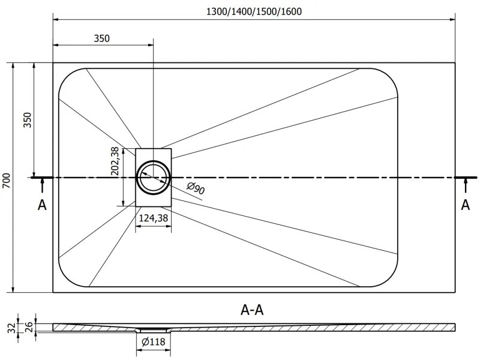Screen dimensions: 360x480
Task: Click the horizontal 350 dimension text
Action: (102, 38)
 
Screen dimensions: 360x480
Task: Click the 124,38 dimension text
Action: (154, 218)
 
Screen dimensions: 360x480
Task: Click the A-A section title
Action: (252, 310)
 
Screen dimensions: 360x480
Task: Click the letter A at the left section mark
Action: (42, 205)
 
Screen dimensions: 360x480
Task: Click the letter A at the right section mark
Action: (465, 205)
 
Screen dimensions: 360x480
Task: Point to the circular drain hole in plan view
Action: (154, 178)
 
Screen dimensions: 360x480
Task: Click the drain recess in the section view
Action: (154, 329)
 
